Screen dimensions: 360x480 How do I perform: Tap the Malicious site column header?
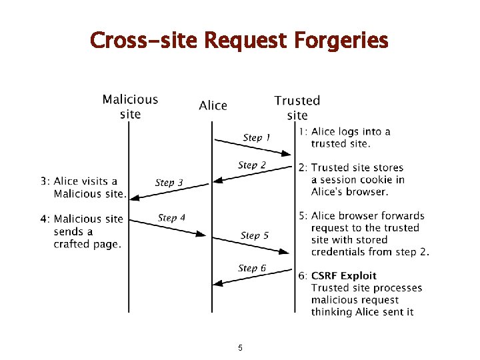tap(130, 107)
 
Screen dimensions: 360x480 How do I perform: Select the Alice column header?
tap(213, 105)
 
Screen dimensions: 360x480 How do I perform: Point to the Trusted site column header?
tap(297, 107)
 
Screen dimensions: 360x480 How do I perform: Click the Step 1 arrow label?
tap(257, 137)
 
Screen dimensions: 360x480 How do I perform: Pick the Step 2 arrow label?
tap(252, 165)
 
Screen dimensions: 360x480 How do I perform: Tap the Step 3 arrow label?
tap(169, 182)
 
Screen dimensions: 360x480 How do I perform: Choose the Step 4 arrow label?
tap(171, 217)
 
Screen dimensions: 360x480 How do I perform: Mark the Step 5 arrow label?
tap(255, 235)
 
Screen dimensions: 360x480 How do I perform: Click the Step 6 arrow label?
tap(252, 268)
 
